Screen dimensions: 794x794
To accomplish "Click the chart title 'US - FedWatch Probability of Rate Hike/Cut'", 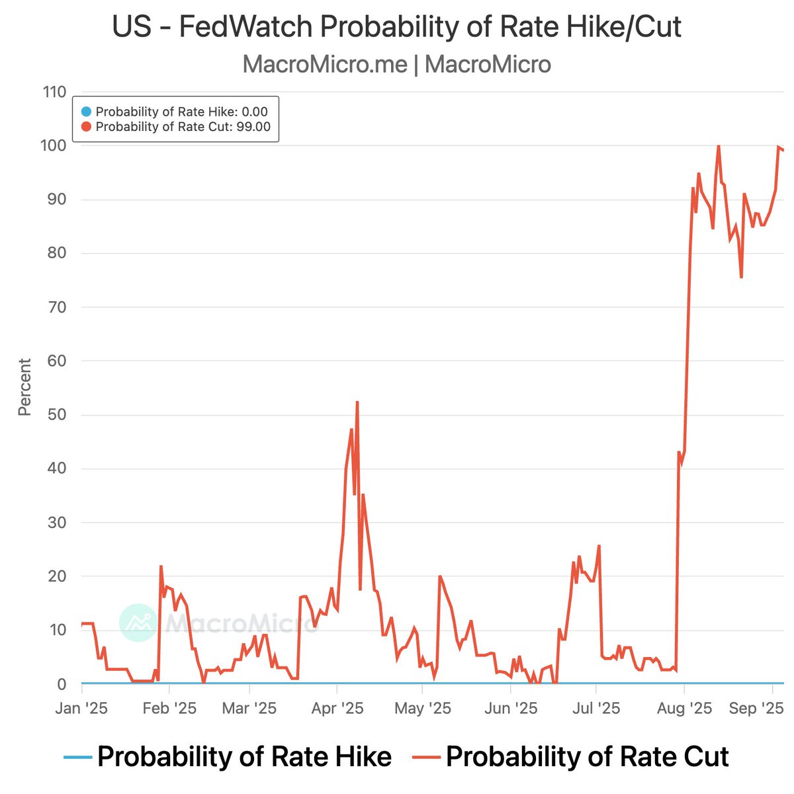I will [396, 28].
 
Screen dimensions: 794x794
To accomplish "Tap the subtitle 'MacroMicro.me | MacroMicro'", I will [396, 64].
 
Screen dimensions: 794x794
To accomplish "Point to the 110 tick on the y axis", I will [54, 92].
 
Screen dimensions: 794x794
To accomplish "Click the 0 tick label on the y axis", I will [62, 684].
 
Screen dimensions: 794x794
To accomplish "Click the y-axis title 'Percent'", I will [25, 387].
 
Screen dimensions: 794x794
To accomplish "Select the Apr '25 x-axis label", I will [337, 709].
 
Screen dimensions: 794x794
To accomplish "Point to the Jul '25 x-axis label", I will [596, 709].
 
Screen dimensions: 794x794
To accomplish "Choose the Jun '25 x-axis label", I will [511, 709].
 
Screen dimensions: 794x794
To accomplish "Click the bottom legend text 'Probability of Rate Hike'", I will [244, 756].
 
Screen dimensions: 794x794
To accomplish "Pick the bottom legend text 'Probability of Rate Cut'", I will [587, 756].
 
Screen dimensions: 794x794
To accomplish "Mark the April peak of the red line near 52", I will [357, 402].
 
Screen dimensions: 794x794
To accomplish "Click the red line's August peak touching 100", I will [719, 146].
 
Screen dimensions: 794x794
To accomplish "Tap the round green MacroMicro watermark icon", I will [138, 623].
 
